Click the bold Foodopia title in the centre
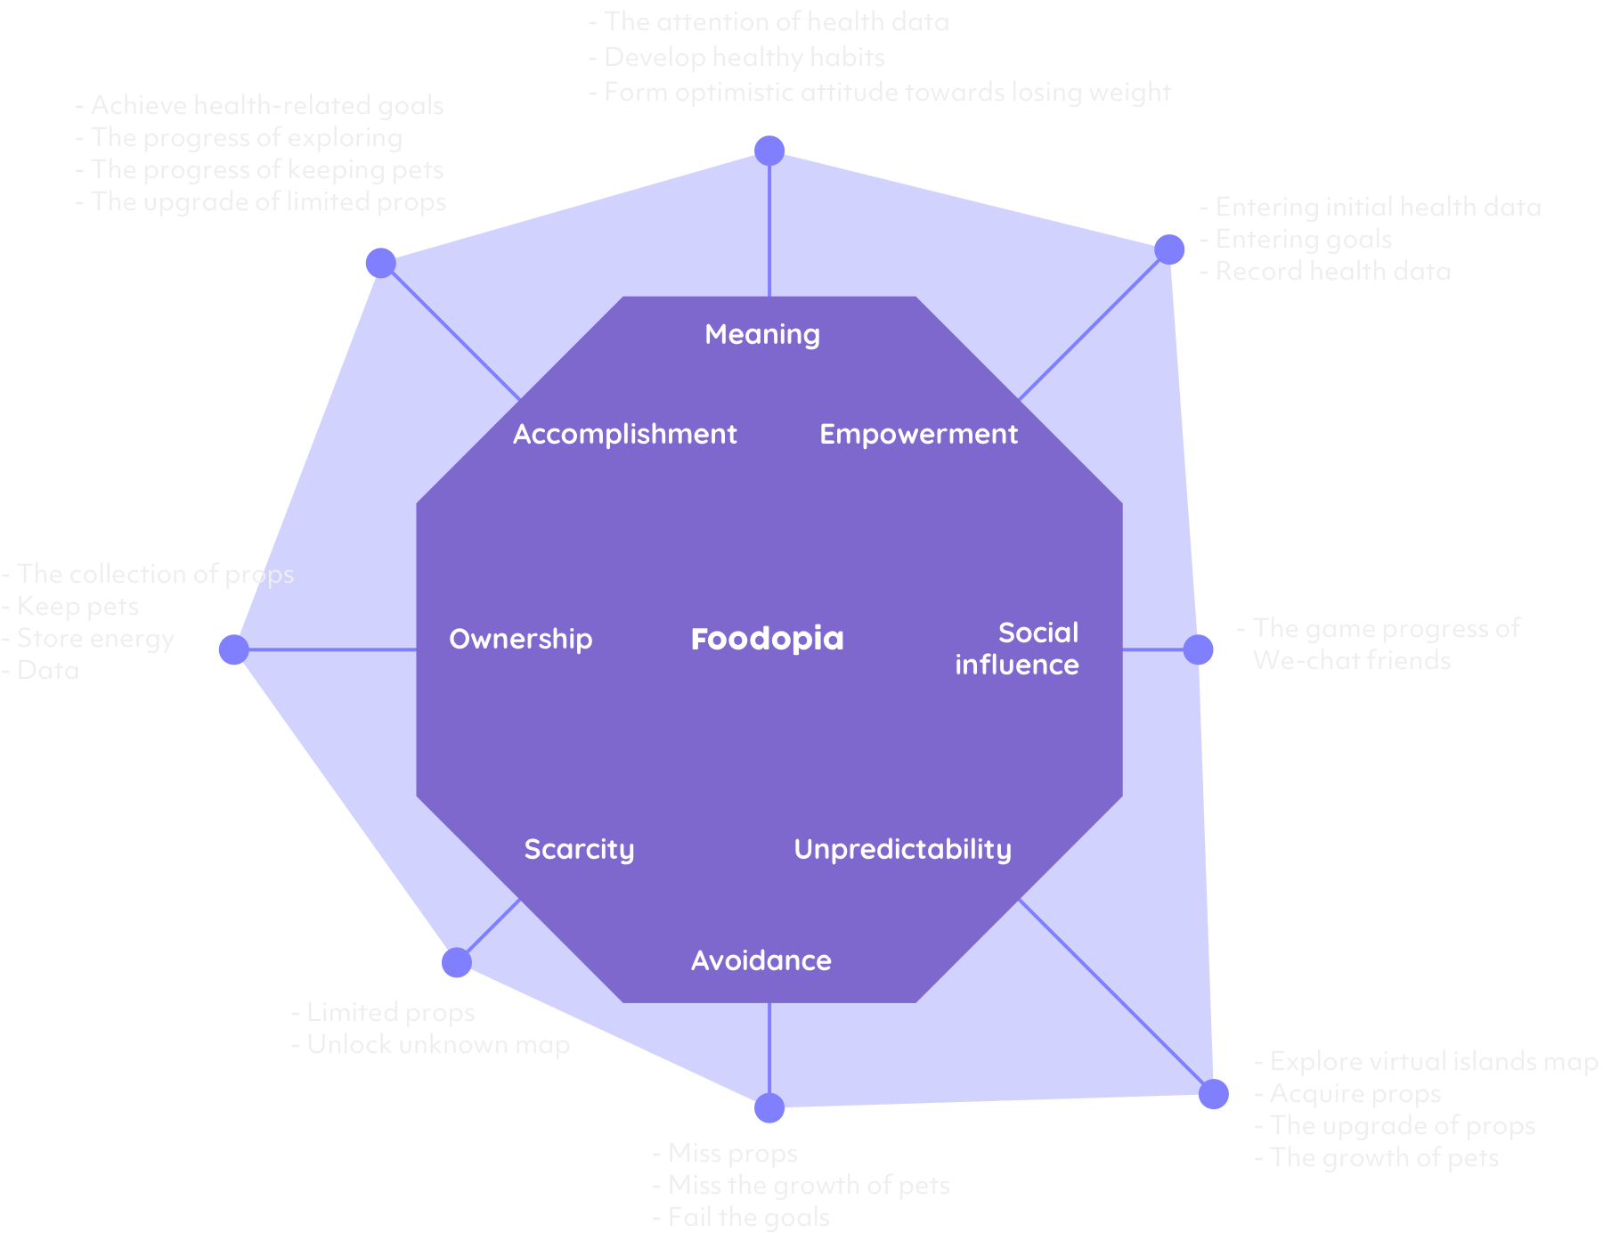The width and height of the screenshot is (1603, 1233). (x=767, y=639)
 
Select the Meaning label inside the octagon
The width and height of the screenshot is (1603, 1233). (x=762, y=334)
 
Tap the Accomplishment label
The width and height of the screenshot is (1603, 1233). (x=624, y=434)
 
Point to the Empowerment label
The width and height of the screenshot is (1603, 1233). (x=918, y=434)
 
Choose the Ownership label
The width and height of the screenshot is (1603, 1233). (x=521, y=639)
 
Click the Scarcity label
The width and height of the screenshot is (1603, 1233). (x=579, y=849)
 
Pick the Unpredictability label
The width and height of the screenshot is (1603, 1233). (x=902, y=849)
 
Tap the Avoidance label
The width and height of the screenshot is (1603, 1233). (x=761, y=960)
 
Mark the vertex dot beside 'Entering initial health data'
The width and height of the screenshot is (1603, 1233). (x=1169, y=249)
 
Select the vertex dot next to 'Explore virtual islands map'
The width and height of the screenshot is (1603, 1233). (x=1213, y=1094)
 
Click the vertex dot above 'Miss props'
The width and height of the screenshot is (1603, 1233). (x=769, y=1108)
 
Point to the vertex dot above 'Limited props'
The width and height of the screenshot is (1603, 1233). (x=456, y=962)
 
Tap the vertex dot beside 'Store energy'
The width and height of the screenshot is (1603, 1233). (x=233, y=649)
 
